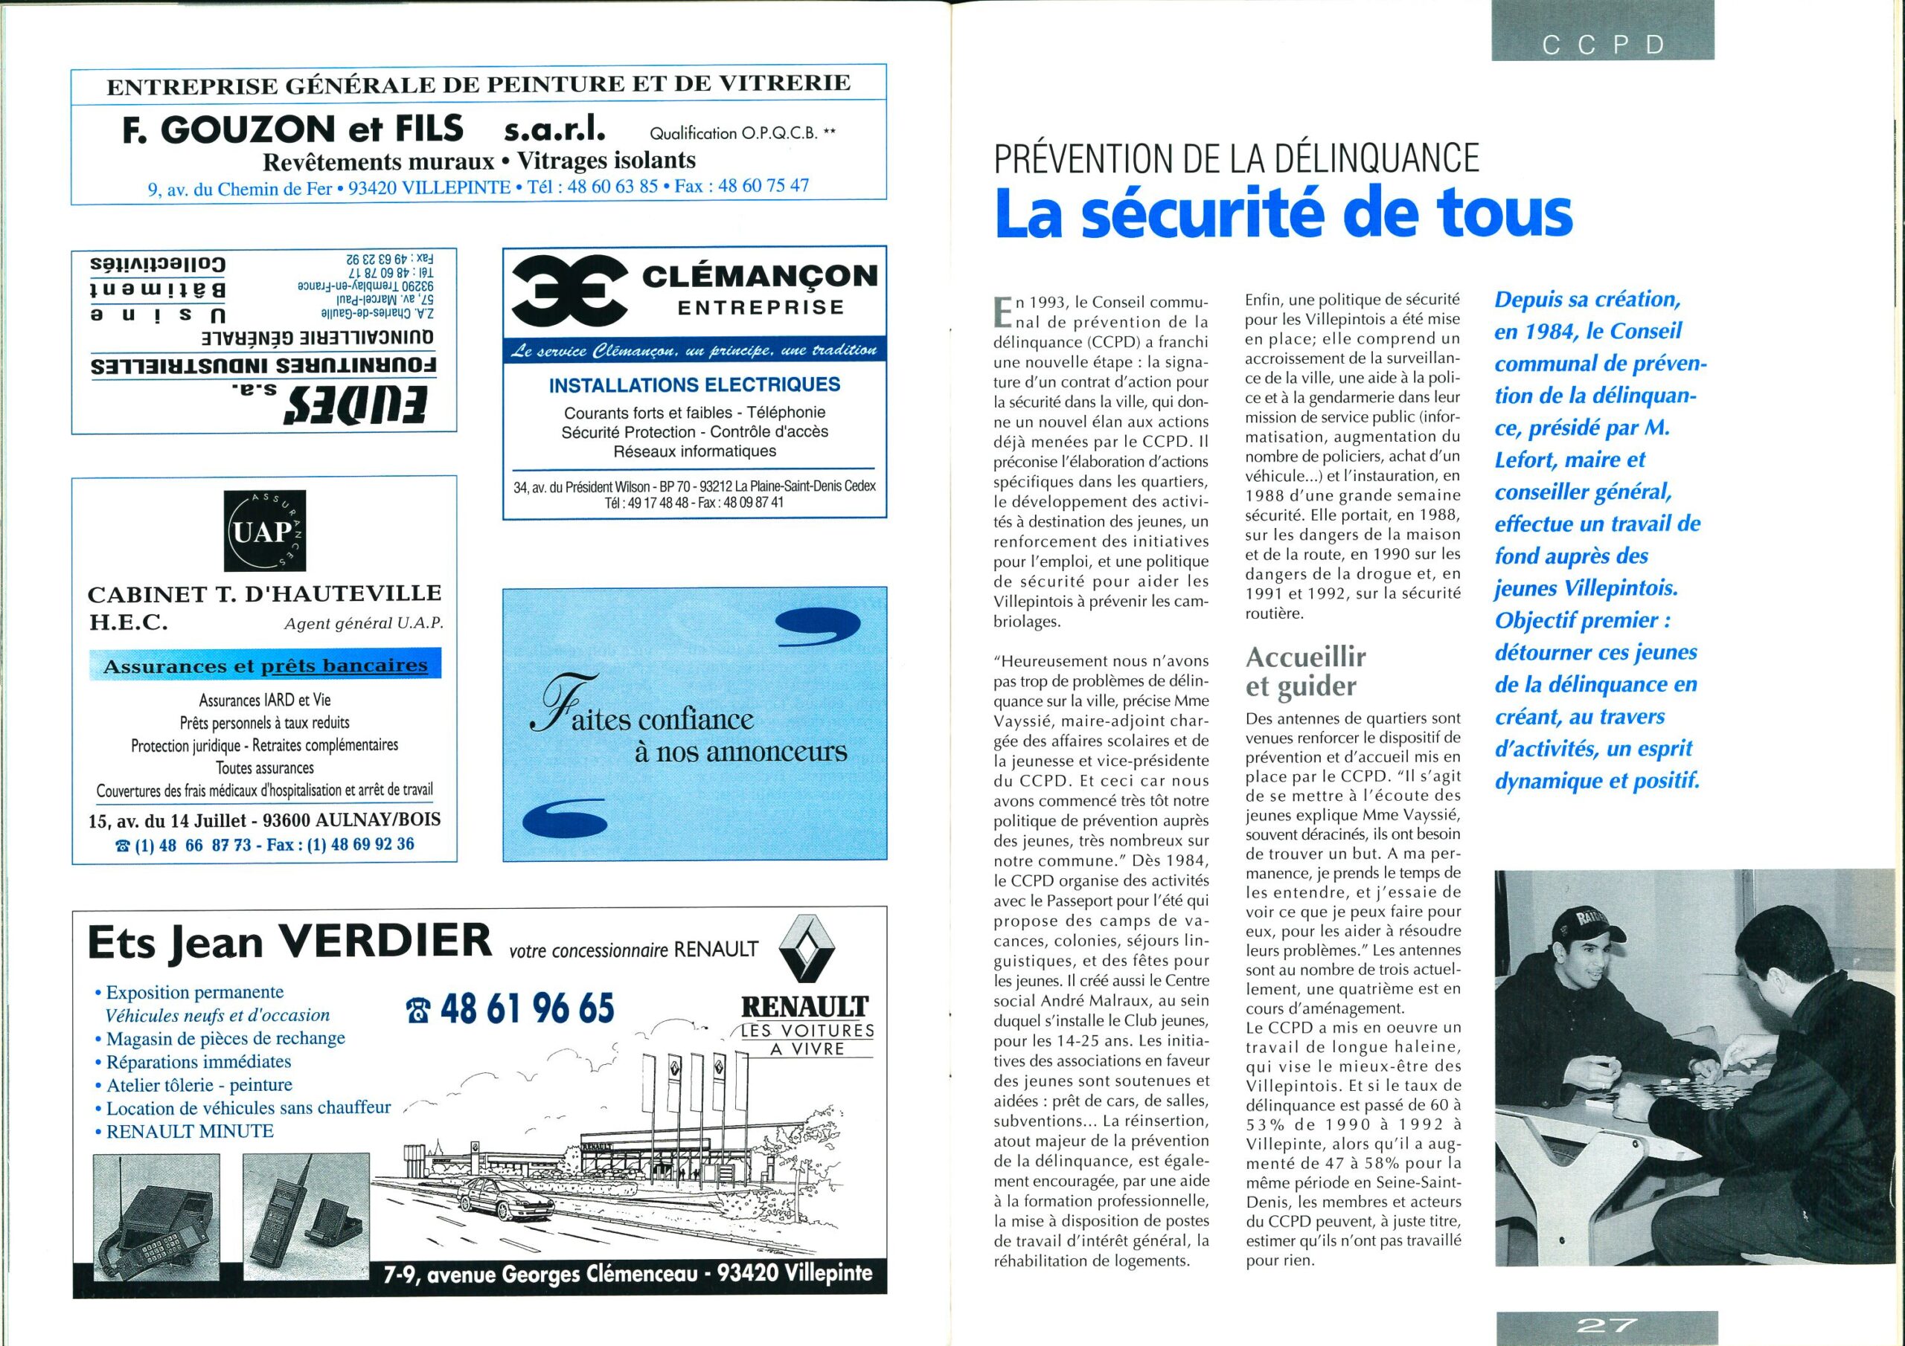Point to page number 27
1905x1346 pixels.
1605,1324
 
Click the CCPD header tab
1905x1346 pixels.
1602,44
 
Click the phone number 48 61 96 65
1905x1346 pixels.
511,1008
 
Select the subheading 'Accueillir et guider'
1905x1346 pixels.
1305,671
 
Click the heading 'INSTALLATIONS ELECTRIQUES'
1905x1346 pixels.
694,384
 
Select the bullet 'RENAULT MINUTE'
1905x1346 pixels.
190,1131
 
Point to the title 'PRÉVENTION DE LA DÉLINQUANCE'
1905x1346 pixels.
1236,157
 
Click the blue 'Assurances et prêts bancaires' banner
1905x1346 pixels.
265,665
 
